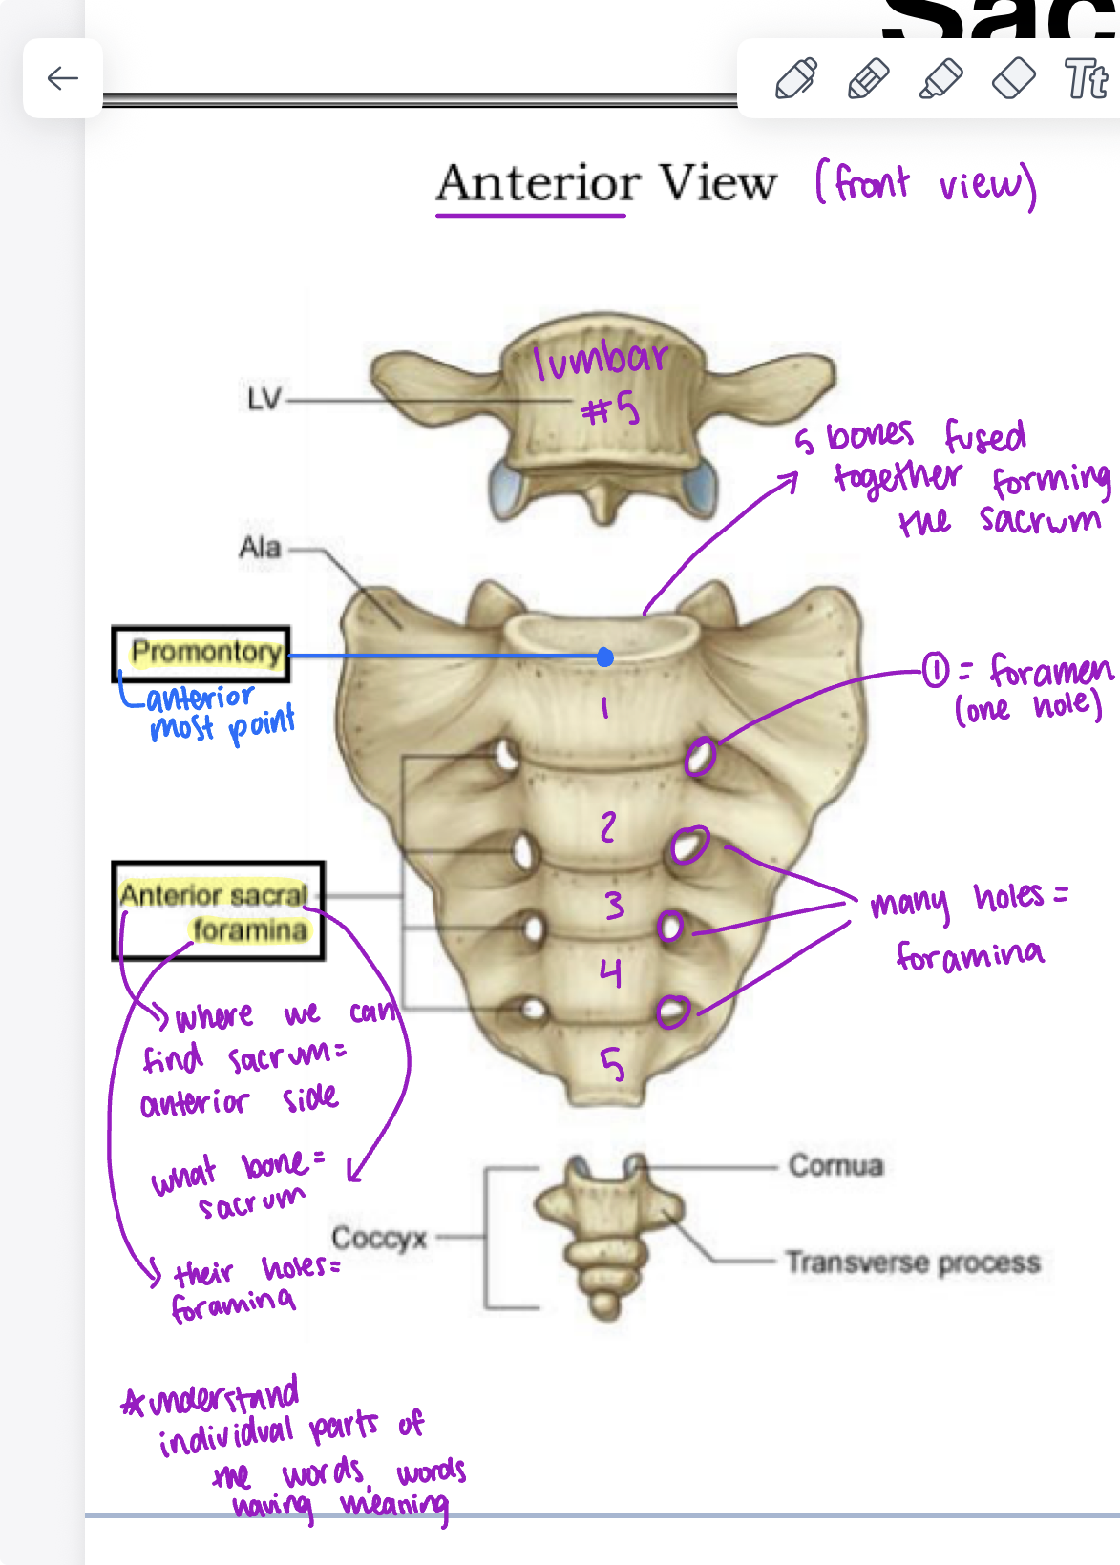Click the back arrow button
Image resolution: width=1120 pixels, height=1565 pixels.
63,78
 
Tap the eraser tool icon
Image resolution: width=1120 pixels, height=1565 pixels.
1013,78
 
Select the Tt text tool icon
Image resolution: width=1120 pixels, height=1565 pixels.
1087,78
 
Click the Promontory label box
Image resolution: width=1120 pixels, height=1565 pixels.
201,654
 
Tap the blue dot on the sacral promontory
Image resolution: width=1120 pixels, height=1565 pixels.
604,657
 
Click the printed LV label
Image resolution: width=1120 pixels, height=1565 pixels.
264,399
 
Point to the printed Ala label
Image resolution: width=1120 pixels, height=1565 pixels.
260,548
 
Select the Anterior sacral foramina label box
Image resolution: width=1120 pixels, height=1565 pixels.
219,911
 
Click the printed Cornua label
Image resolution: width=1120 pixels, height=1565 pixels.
835,1165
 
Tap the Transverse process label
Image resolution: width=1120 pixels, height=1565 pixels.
912,1262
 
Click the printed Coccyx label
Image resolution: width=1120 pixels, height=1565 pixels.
379,1238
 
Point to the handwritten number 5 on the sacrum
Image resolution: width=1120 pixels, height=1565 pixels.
612,1063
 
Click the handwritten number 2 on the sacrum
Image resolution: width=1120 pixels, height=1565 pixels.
608,826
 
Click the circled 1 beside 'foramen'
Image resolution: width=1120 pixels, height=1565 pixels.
935,671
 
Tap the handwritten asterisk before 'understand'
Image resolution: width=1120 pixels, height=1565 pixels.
133,1404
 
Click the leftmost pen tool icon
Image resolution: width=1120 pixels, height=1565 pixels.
796,78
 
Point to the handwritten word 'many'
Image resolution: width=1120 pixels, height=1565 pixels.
910,903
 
